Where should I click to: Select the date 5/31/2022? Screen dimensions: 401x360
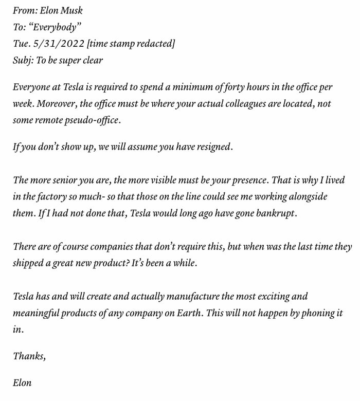(56, 43)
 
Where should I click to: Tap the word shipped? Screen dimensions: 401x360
(29, 263)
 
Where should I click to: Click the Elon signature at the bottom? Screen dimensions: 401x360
(22, 382)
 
